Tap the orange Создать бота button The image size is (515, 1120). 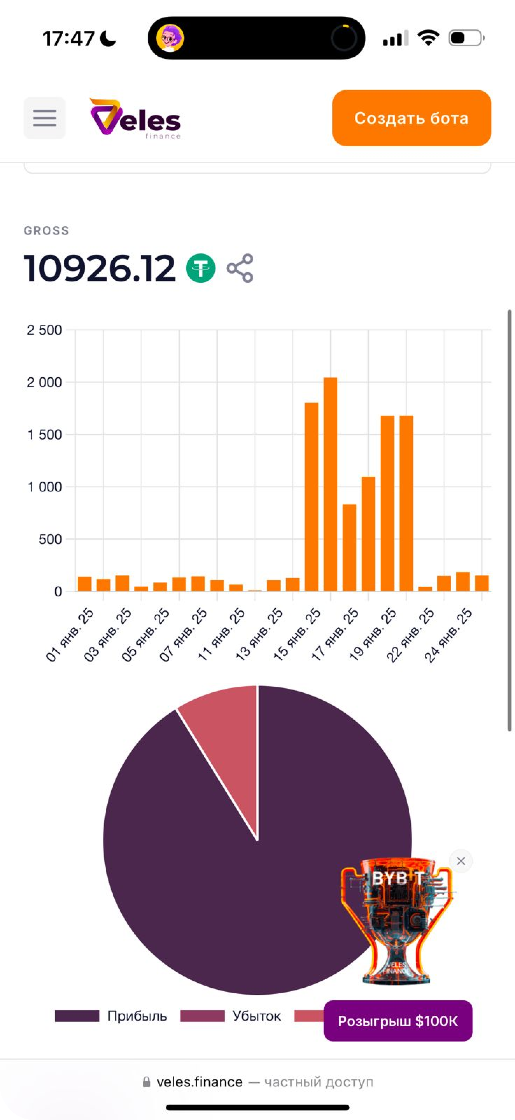[x=411, y=118]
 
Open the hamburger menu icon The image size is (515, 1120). [x=44, y=118]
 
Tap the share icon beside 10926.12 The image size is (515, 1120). [x=239, y=268]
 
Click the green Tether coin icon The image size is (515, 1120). [x=200, y=268]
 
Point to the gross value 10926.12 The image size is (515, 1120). [x=99, y=268]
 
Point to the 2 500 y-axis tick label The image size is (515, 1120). [x=44, y=330]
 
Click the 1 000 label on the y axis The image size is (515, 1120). [x=44, y=487]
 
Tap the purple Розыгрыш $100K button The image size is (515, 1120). [x=398, y=1021]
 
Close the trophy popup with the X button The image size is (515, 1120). [x=461, y=861]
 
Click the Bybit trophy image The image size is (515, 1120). [x=396, y=917]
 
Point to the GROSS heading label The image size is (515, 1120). [x=47, y=230]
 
